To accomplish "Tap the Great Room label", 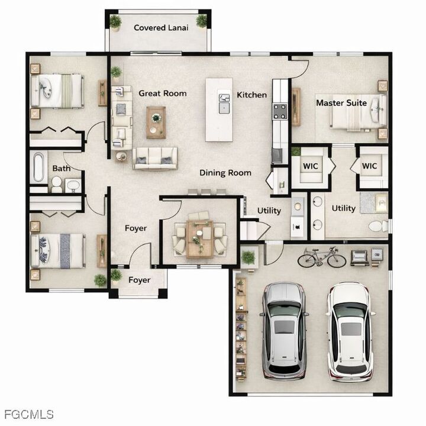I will tap(163, 93).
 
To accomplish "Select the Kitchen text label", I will tap(252, 95).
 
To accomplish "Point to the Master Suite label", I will tap(341, 103).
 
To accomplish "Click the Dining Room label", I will tap(225, 173).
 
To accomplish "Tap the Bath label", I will tap(62, 169).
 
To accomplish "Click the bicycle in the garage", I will tap(321, 257).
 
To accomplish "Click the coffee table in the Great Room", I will tap(156, 121).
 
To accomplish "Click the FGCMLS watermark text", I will tap(28, 414).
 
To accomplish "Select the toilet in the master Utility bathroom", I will tap(377, 226).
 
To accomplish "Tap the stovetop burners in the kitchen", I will tap(279, 110).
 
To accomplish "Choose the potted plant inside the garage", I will tap(248, 257).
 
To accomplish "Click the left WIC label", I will tap(311, 166).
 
